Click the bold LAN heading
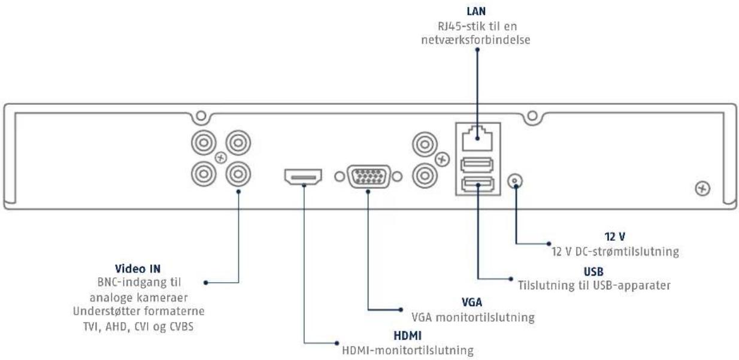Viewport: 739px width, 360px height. coord(476,11)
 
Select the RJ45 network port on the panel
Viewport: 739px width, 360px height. coord(477,138)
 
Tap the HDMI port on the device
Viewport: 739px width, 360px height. coord(303,177)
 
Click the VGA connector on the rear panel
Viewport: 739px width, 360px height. coord(368,177)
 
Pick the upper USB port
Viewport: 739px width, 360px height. coord(477,165)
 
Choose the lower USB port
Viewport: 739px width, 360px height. coord(477,184)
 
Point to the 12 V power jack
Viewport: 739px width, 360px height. coord(515,181)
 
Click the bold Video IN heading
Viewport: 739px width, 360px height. coord(138,268)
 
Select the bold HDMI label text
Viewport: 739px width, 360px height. coord(407,335)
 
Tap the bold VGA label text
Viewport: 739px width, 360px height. coord(471,302)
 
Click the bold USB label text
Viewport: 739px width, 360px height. coord(593,271)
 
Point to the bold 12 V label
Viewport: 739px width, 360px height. coord(614,236)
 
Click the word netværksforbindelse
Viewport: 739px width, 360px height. coord(475,40)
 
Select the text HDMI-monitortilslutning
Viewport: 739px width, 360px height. coord(408,350)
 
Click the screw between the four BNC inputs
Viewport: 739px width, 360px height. coord(221,158)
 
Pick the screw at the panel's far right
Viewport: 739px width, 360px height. coord(702,189)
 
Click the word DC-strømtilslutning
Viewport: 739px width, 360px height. coord(627,252)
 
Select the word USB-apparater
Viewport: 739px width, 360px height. coord(632,286)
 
